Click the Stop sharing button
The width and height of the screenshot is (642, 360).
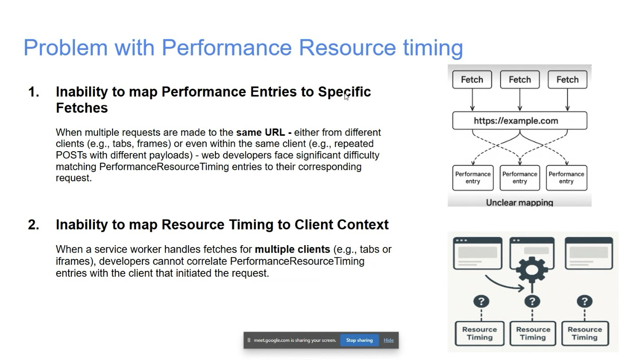tap(360, 340)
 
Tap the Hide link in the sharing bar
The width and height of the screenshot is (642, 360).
tap(388, 340)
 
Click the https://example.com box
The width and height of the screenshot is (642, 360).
tap(520, 121)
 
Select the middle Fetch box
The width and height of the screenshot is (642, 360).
tap(520, 79)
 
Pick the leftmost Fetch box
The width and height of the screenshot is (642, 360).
tap(472, 79)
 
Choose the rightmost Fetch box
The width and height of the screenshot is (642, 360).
tap(568, 79)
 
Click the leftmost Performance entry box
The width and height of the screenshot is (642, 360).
tap(473, 178)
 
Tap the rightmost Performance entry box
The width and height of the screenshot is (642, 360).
tap(566, 178)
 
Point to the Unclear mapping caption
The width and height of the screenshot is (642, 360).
tap(520, 203)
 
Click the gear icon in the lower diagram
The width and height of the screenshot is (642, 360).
tap(532, 270)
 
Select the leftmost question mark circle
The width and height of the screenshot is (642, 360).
tap(481, 301)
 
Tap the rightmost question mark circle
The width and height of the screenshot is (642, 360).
tap(585, 301)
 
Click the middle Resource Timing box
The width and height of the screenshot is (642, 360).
tap(533, 333)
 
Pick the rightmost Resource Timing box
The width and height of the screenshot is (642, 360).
tap(585, 333)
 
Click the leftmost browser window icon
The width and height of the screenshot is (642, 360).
tap(478, 253)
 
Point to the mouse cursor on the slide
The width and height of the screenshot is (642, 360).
tap(347, 97)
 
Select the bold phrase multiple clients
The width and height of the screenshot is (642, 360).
tap(292, 249)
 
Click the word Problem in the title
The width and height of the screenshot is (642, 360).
tap(66, 47)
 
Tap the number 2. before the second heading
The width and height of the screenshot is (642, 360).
tap(34, 224)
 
